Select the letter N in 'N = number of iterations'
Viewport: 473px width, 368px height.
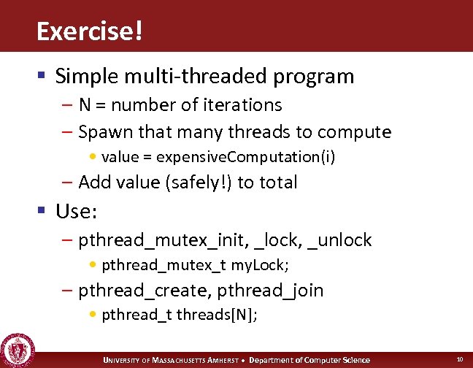85,105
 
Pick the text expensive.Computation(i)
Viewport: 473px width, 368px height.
246,157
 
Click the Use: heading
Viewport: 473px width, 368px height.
75,212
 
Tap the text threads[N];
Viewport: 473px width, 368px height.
217,315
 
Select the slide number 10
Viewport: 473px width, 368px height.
459,359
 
